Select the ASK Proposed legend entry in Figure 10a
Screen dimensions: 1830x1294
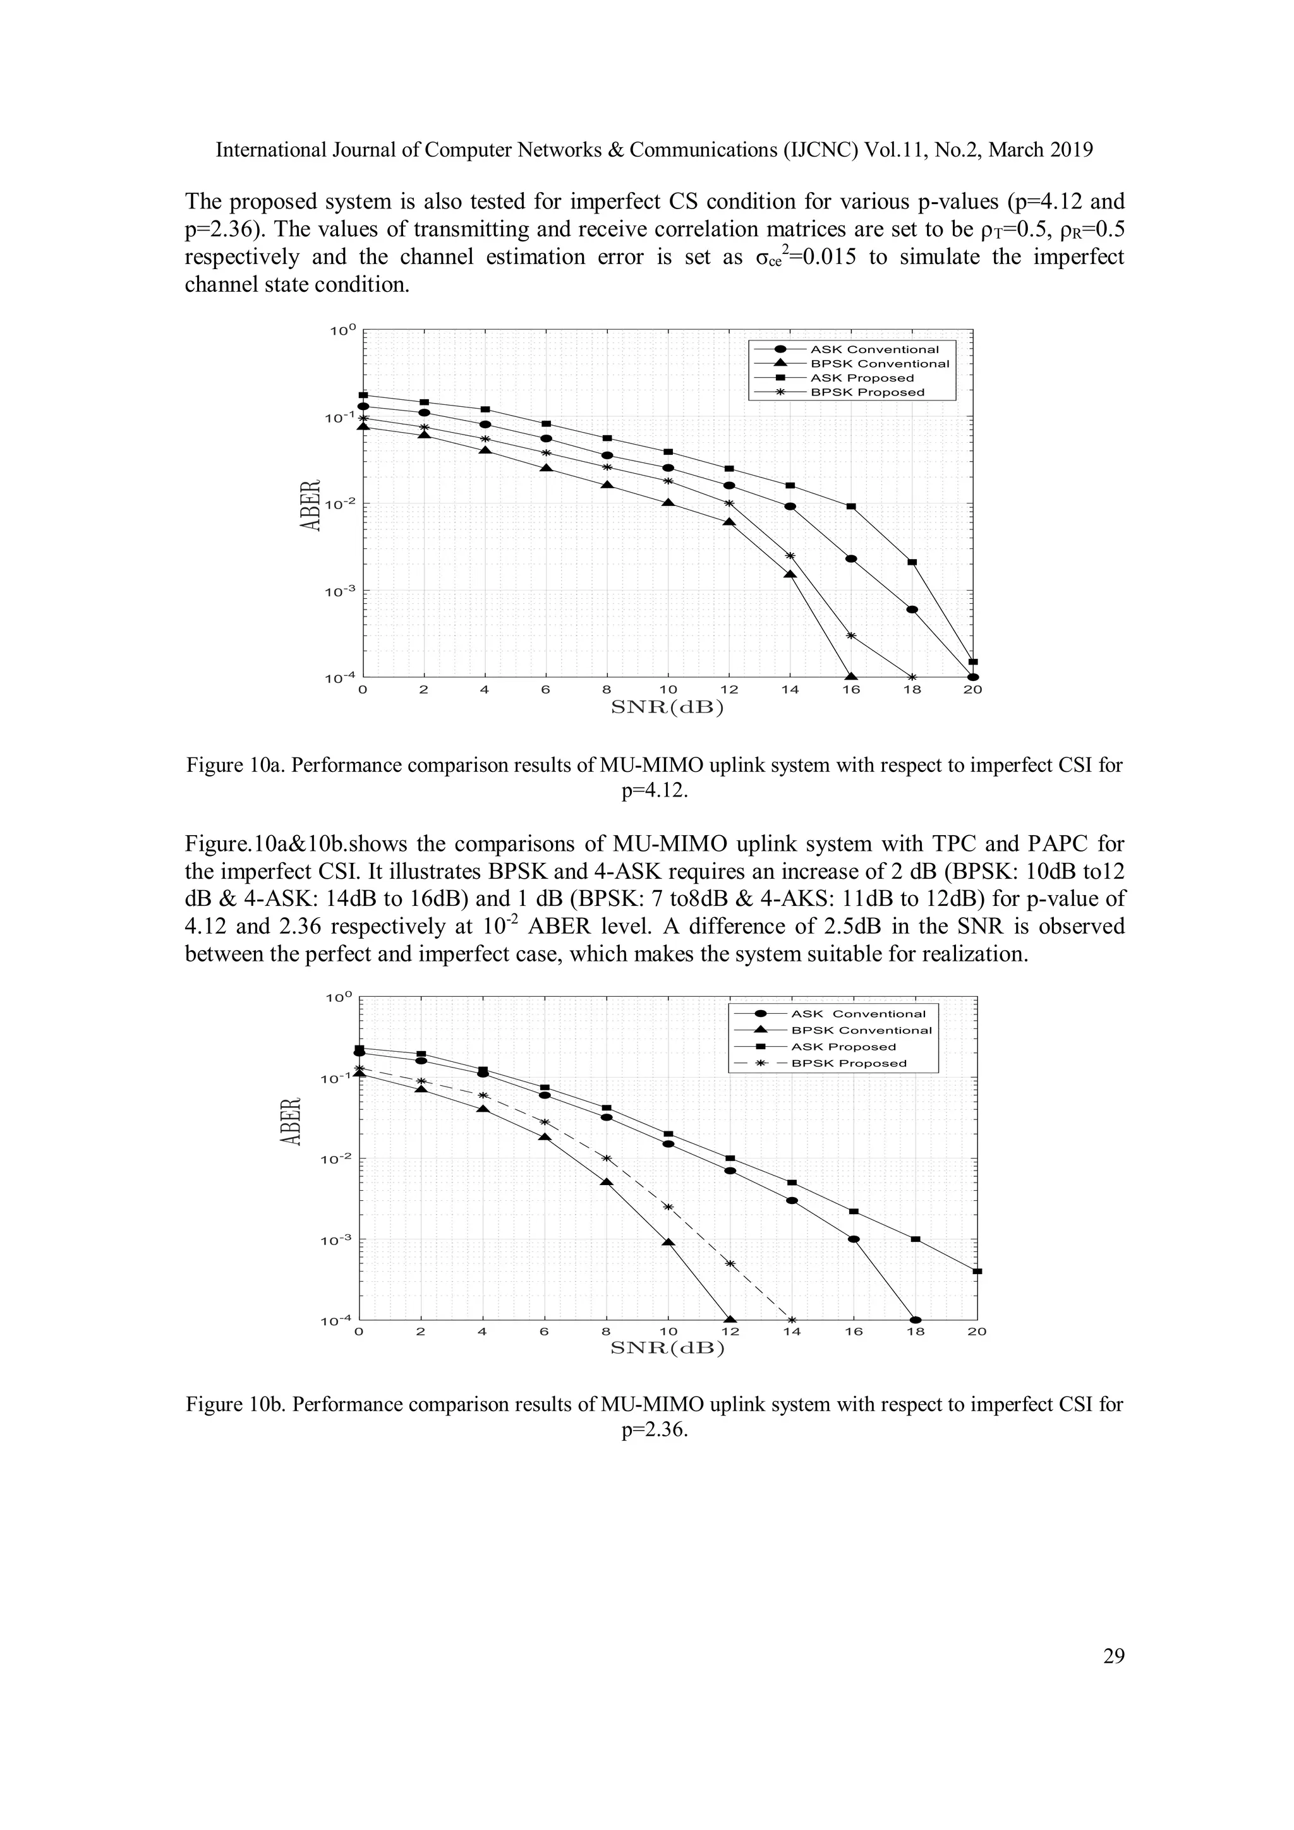point(861,378)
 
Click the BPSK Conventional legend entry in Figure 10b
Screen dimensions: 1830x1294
point(861,1030)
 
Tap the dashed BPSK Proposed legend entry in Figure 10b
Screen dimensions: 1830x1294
point(849,1063)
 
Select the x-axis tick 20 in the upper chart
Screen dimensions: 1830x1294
point(972,690)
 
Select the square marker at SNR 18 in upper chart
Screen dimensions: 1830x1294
point(912,562)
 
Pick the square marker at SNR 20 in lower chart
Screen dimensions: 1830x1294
point(977,1272)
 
